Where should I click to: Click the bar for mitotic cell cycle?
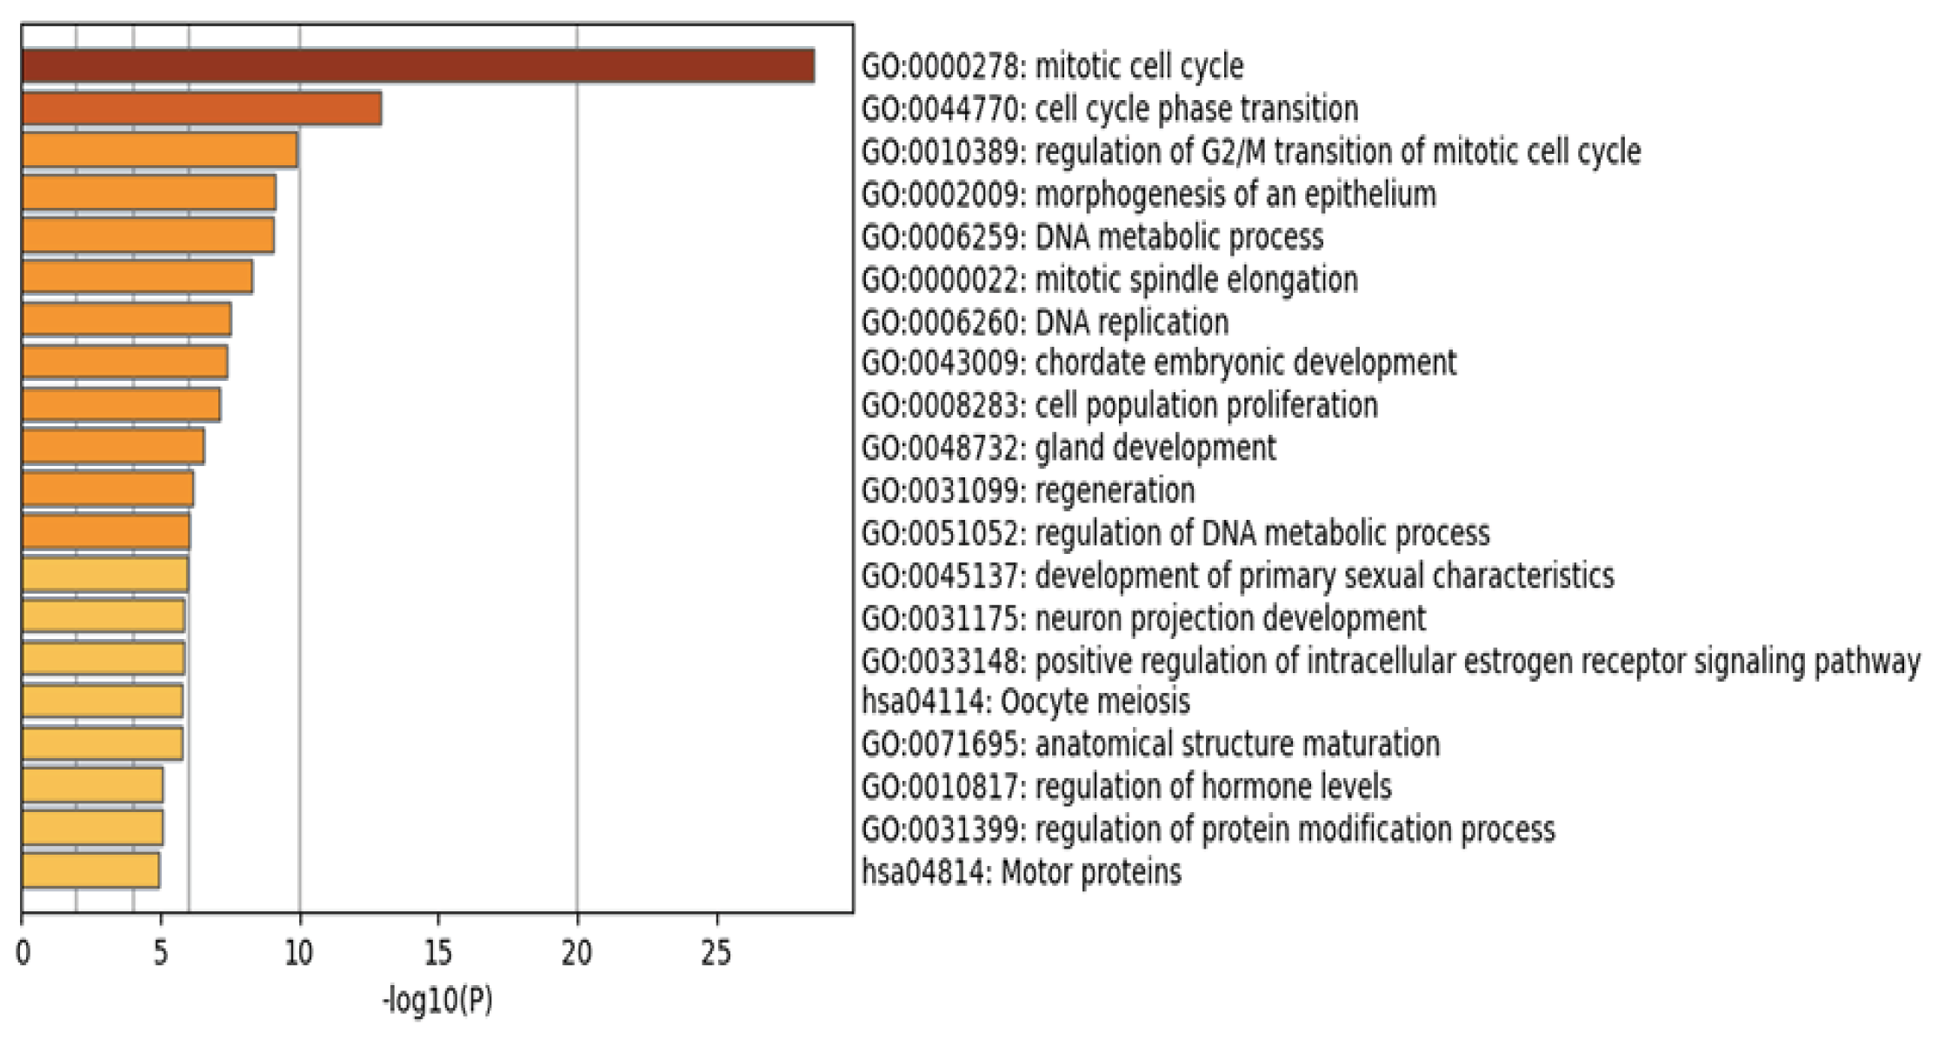417,66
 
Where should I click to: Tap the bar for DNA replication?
126,320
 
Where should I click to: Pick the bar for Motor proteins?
90,870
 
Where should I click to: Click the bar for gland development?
113,446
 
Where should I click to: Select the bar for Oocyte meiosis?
102,701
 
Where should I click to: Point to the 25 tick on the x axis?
716,954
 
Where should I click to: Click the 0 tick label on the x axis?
23,954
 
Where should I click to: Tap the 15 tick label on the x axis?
437,954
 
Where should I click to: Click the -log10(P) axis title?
437,1000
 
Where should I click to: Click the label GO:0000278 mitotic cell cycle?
1052,66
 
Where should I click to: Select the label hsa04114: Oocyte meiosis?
1025,701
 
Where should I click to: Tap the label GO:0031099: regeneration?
1028,490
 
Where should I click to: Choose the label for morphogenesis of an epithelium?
1148,194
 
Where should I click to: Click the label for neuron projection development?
1143,618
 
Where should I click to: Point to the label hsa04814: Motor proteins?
1021,871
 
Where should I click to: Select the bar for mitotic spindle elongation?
137,277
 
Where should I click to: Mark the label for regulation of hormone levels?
1126,786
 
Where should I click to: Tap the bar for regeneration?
108,489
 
